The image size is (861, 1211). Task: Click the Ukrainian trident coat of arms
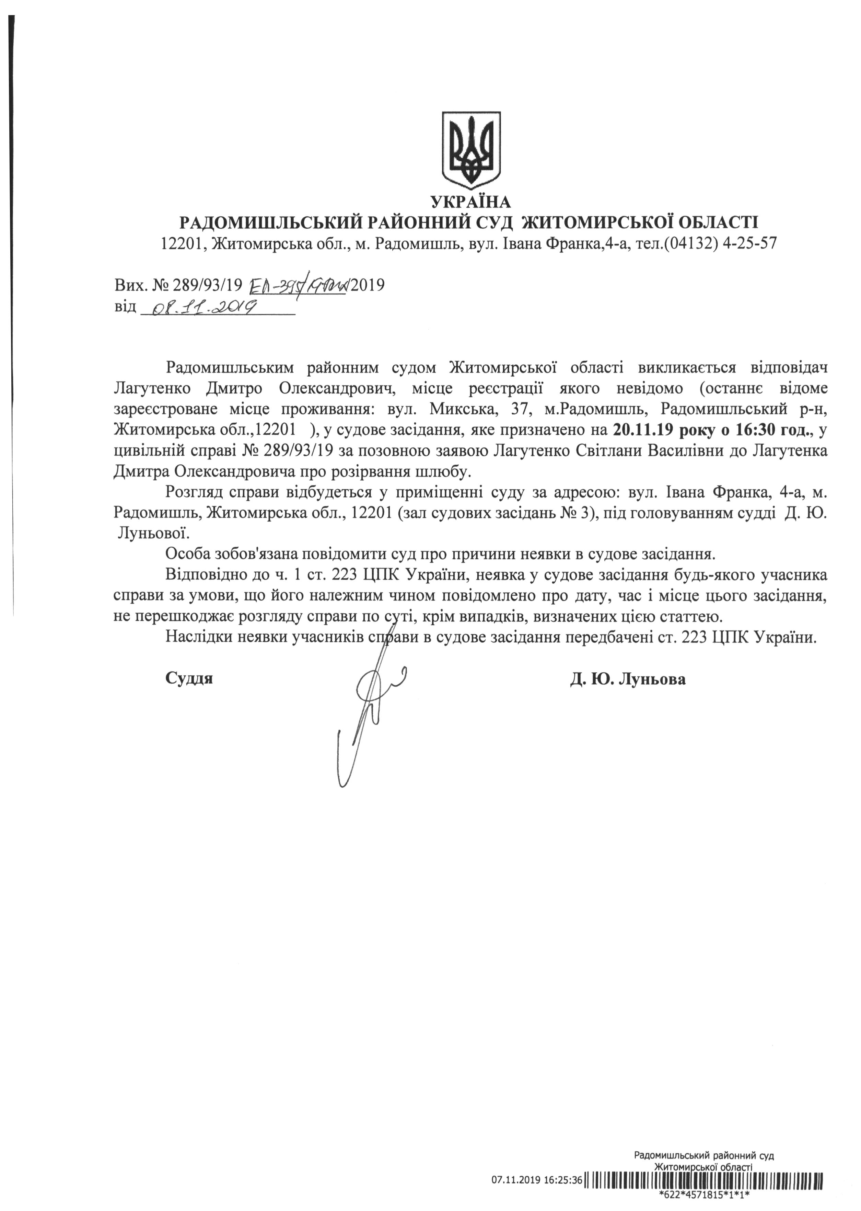point(471,150)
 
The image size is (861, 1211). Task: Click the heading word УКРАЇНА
point(471,202)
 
